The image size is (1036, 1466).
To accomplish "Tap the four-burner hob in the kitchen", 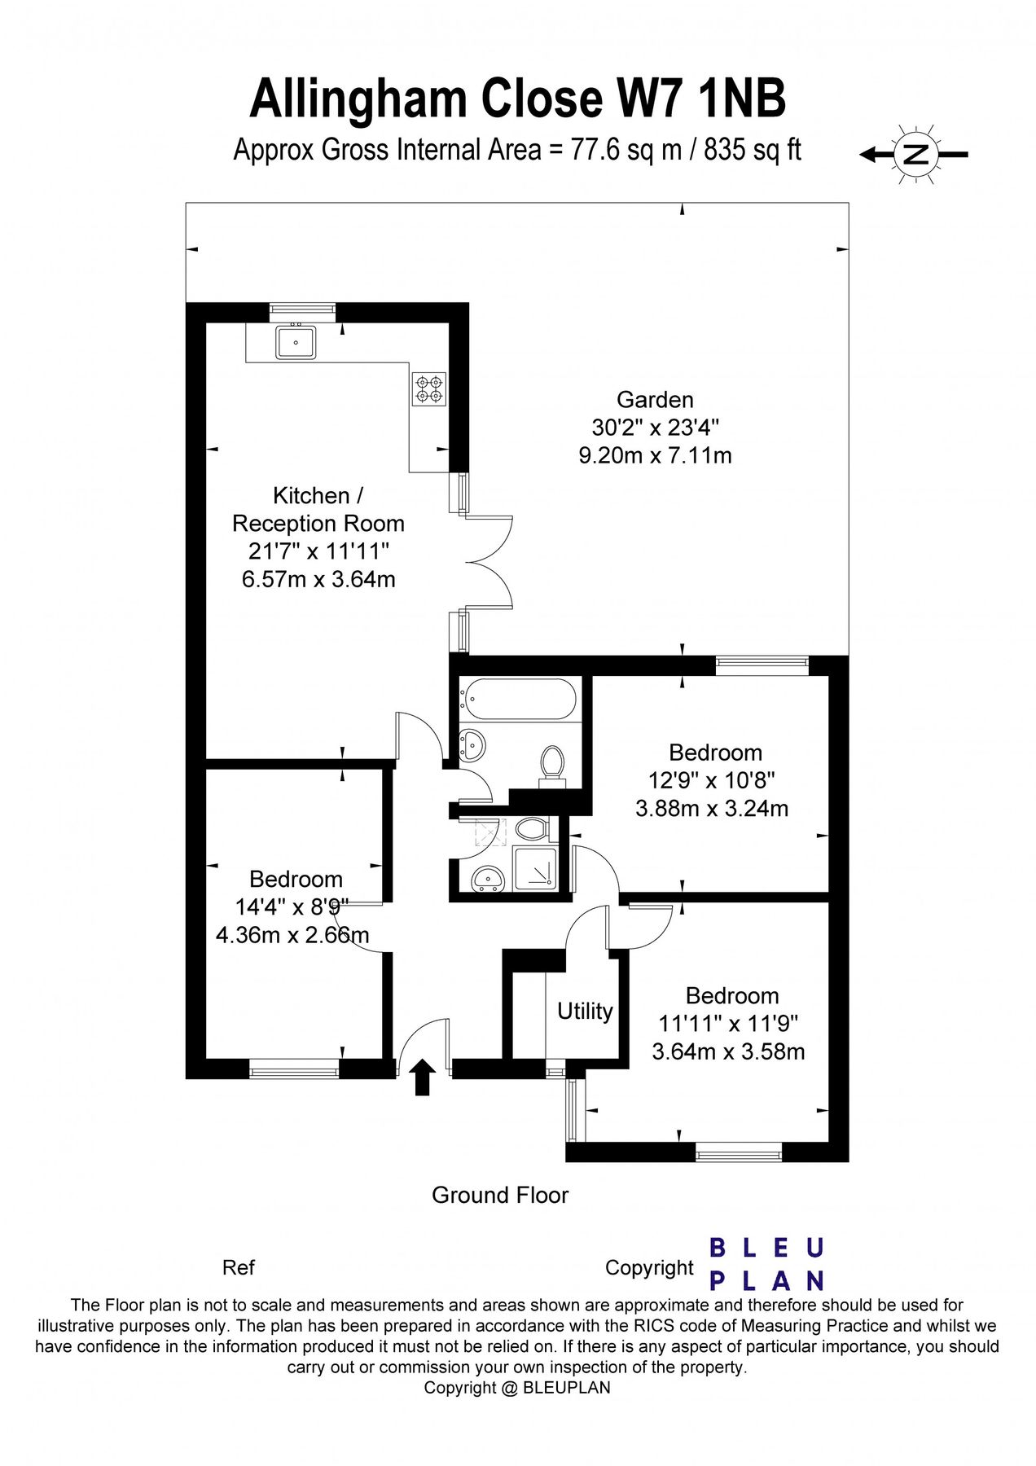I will pos(429,388).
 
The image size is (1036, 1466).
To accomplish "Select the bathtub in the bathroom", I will pos(518,700).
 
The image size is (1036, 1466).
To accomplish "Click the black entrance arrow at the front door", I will pos(422,1077).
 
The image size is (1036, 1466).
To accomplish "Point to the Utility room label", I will pos(585,1012).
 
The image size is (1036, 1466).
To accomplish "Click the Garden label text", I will pos(655,400).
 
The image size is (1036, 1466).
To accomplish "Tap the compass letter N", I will pos(916,154).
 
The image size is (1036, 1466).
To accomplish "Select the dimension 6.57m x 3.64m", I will pos(318,580).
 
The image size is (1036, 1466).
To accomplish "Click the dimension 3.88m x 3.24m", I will pos(711,809).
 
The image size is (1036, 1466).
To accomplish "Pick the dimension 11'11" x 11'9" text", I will pos(728,1023).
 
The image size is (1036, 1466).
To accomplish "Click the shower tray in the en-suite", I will pos(536,870).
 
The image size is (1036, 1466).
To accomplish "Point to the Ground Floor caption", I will pos(499,1195).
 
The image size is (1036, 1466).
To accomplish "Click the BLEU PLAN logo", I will pos(766,1264).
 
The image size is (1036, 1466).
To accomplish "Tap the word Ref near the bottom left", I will pos(238,1267).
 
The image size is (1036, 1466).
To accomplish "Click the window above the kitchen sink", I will pos(302,309).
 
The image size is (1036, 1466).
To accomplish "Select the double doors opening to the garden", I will pos(487,562).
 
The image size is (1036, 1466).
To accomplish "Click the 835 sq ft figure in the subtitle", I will pos(752,150).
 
